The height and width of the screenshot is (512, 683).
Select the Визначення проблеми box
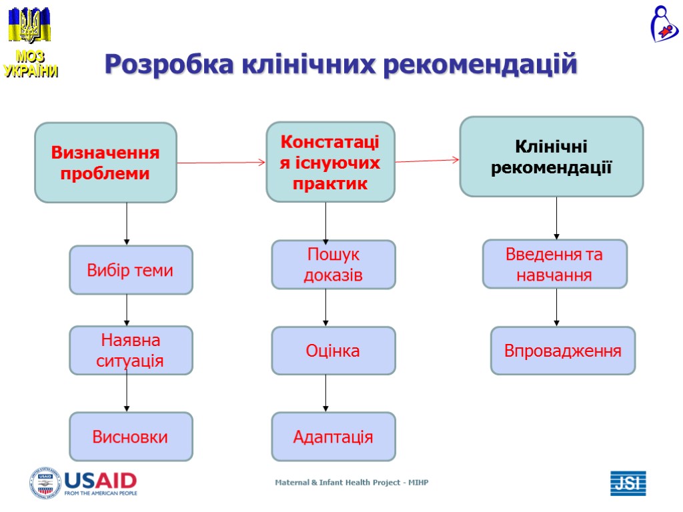[105, 163]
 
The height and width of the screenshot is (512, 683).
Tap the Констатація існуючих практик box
[330, 162]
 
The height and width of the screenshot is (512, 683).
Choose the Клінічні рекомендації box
[551, 157]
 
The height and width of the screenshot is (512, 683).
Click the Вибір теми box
[131, 270]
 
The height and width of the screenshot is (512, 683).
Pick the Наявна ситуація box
[131, 350]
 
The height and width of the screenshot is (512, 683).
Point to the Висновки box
[131, 437]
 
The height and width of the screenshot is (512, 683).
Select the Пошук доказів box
[333, 265]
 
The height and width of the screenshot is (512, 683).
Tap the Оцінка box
[333, 351]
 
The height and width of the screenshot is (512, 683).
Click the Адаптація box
[333, 437]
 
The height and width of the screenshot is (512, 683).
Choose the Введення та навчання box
[554, 264]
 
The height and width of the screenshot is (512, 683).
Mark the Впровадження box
[562, 351]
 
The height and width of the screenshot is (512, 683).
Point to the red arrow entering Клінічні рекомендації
[427, 160]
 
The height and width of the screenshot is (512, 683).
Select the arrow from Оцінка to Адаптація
[325, 393]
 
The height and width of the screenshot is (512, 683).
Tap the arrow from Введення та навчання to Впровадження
[556, 307]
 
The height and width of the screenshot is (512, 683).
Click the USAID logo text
[100, 481]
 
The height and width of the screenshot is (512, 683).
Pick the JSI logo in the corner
[628, 483]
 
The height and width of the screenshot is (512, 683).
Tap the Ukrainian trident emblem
[29, 26]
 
